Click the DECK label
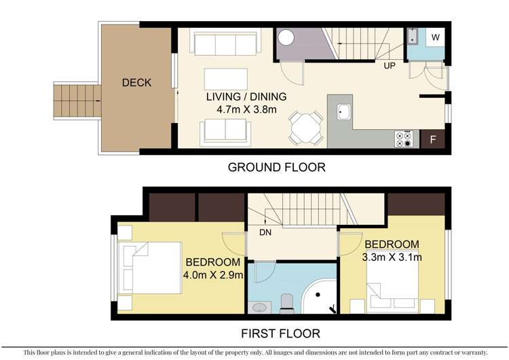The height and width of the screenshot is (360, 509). click(136, 83)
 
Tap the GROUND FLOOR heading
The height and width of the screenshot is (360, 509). click(276, 167)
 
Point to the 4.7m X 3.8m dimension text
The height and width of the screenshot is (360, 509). click(246, 109)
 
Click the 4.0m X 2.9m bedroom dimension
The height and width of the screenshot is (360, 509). click(213, 275)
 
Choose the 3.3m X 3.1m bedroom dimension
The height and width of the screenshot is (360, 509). click(392, 257)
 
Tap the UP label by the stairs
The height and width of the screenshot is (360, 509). click(389, 67)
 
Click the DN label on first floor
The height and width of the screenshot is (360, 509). click(266, 232)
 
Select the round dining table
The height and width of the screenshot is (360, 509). click(305, 127)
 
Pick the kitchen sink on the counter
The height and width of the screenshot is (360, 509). click(343, 111)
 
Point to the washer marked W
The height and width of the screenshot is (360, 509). click(434, 37)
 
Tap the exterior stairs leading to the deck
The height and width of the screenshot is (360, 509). click(77, 101)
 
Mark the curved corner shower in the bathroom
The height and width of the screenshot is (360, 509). click(319, 299)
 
